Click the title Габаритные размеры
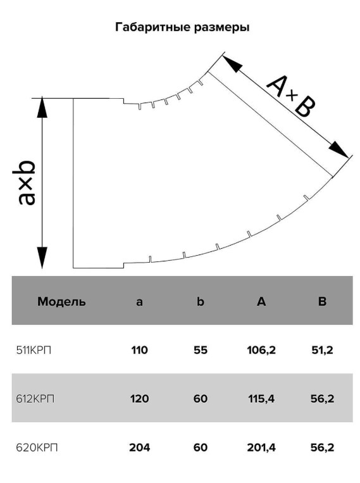point(182,27)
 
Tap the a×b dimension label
point(27,182)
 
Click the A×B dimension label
point(290,96)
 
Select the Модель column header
point(61,301)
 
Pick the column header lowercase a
point(139,301)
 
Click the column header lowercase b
point(201,301)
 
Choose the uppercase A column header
point(261,301)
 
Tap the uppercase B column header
point(322,301)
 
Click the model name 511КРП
point(34,350)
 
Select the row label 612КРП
point(35,399)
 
